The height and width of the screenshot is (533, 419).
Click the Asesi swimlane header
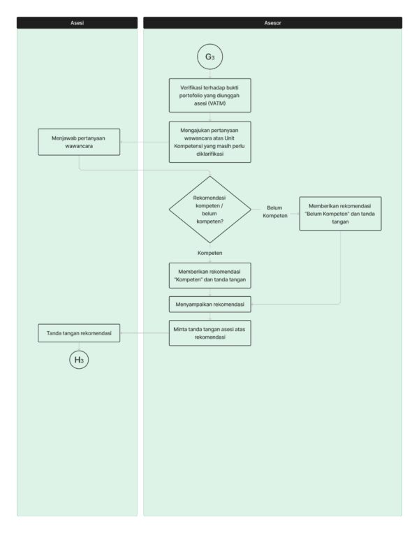[77, 23]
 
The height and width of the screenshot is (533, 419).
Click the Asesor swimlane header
[272, 23]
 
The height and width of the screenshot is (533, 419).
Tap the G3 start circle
[210, 57]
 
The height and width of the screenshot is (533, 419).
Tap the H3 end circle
[79, 360]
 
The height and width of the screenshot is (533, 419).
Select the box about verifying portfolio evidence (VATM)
[210, 96]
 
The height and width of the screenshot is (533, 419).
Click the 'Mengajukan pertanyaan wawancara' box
[210, 142]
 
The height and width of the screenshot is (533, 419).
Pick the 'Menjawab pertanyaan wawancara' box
[79, 142]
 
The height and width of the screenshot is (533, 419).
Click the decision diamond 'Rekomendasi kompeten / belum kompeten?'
[210, 210]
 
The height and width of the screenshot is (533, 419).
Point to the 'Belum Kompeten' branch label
[275, 212]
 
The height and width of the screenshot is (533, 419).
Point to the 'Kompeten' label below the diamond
[210, 253]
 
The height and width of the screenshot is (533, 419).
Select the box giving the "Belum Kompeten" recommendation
[340, 214]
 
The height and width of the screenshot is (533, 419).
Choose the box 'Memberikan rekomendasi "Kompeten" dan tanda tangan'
[210, 276]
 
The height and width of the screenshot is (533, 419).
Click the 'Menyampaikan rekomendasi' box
[210, 305]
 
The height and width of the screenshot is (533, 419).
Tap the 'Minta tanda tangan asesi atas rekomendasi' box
[210, 333]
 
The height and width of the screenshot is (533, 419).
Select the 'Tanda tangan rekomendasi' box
[79, 333]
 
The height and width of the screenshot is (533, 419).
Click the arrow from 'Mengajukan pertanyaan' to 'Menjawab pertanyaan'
[145, 142]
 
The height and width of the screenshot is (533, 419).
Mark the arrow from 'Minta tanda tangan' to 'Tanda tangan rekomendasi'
[145, 333]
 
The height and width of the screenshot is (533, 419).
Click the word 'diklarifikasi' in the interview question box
[210, 154]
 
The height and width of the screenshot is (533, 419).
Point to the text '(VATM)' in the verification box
[217, 103]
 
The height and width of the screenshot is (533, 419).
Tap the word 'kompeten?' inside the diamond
[210, 221]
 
